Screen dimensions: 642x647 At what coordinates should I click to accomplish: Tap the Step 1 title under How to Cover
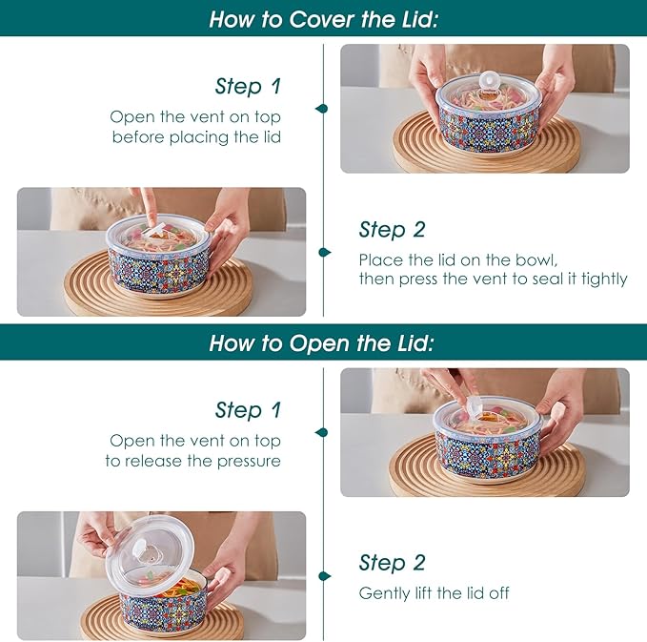(248, 87)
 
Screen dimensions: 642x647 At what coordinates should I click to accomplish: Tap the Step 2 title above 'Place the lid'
(392, 230)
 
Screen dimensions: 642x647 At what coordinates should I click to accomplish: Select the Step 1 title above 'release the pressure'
(248, 410)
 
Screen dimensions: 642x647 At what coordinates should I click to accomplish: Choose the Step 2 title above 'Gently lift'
(392, 563)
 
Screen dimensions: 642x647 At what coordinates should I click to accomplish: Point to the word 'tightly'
(603, 280)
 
